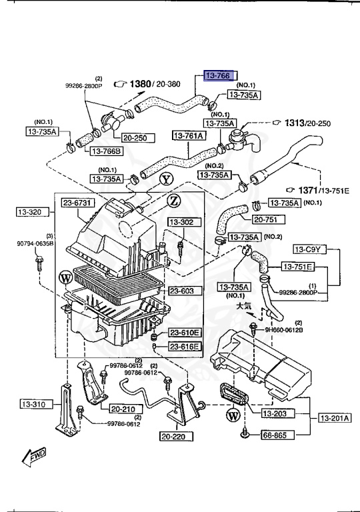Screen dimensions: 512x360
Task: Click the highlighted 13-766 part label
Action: click(218, 77)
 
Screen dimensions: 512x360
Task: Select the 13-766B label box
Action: click(105, 151)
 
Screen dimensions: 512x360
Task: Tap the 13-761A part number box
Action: click(189, 135)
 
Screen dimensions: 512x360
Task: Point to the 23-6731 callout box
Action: click(79, 203)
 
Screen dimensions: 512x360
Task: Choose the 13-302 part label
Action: click(181, 222)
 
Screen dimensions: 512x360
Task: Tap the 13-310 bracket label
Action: click(32, 404)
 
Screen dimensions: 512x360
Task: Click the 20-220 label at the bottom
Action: click(175, 437)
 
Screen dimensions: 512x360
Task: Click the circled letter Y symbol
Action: click(165, 179)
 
